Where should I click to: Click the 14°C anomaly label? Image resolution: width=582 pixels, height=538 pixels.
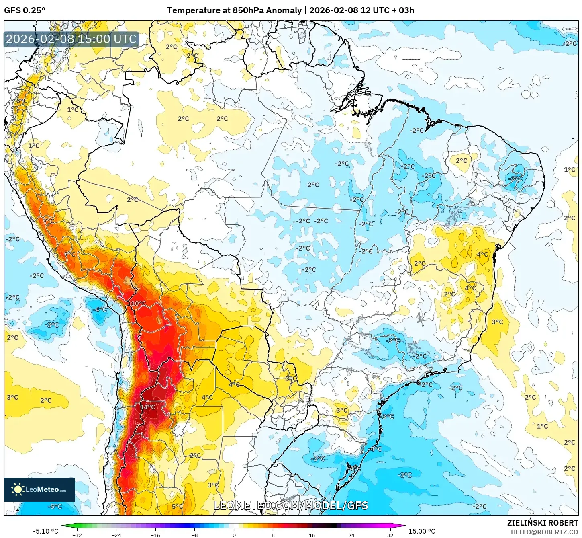click(x=147, y=407)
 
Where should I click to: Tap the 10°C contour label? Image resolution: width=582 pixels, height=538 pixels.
click(x=138, y=304)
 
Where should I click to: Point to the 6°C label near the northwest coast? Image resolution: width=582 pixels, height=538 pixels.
click(x=22, y=101)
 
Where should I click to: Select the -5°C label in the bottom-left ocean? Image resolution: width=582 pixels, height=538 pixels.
click(x=55, y=506)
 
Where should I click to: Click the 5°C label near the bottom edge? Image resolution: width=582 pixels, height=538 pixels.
click(x=177, y=507)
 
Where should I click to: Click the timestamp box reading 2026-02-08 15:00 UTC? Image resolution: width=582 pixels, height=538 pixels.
click(x=71, y=39)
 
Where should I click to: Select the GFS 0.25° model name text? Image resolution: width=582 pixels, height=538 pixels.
click(x=25, y=10)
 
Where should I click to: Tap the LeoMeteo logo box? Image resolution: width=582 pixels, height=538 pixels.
click(x=39, y=489)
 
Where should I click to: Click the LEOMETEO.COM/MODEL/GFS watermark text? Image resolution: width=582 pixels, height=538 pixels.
click(x=291, y=505)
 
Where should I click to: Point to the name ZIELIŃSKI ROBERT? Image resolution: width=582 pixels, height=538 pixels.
click(x=543, y=523)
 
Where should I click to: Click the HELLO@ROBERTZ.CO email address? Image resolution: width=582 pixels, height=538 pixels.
click(x=544, y=532)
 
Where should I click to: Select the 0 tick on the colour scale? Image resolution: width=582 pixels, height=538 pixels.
click(x=234, y=535)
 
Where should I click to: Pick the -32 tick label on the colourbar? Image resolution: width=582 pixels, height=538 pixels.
click(x=77, y=535)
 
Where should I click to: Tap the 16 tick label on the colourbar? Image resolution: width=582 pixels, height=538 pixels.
click(x=312, y=535)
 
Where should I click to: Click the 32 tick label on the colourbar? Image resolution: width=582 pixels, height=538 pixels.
click(x=390, y=535)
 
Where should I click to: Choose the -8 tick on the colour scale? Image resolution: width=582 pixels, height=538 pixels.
click(x=195, y=535)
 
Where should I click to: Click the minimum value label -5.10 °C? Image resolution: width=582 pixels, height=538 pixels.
click(x=45, y=531)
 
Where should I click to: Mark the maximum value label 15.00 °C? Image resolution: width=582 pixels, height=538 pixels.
click(x=422, y=531)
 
